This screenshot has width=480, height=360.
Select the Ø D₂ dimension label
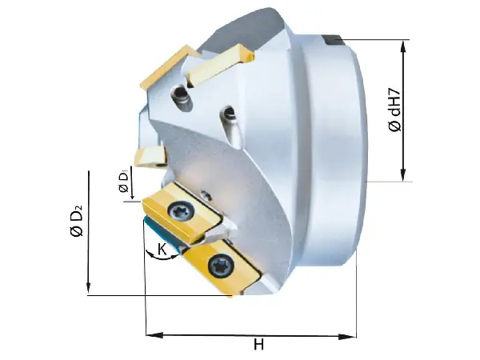[x=77, y=220]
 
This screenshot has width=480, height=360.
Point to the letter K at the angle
[x=162, y=250]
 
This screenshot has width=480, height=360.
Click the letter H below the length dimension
[x=258, y=346]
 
